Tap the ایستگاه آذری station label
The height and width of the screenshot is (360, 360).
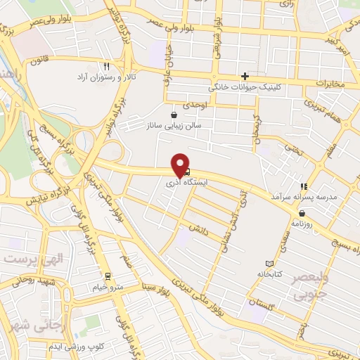[181, 182]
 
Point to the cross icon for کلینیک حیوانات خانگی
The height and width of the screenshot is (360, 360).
[245, 76]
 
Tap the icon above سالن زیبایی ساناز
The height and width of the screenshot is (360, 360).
[174, 115]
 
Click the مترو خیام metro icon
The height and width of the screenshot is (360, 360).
[108, 276]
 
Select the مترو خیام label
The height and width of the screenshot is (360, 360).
[108, 286]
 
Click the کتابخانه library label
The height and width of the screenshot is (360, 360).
[269, 274]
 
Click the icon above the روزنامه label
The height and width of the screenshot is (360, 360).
[301, 212]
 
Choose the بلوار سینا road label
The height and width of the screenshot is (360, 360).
[156, 286]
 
